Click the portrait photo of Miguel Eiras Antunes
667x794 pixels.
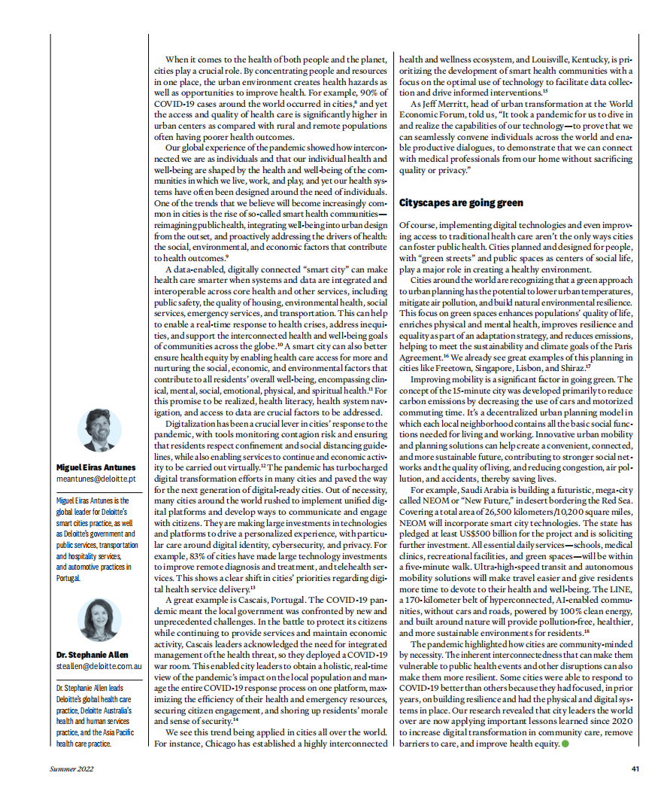pos(99,430)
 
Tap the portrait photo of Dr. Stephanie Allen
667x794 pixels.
pos(99,619)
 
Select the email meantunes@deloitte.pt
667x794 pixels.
pos(96,479)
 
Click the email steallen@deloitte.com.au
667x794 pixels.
pos(99,666)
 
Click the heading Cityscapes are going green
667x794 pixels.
pos(461,203)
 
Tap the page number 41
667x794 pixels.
pos(635,769)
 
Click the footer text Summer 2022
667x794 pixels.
pos(72,769)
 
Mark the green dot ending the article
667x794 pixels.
pos(565,744)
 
